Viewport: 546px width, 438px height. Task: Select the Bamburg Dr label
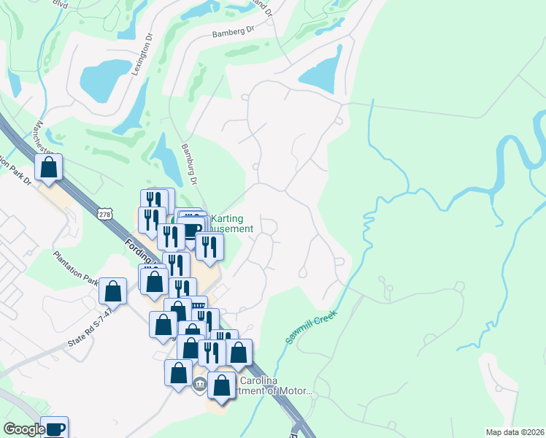190,164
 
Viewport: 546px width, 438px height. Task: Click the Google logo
24,429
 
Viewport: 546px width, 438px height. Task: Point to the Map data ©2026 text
515,432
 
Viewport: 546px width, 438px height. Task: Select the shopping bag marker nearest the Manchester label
48,167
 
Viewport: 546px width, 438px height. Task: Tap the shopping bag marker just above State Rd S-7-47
113,291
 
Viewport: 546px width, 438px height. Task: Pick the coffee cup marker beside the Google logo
54,428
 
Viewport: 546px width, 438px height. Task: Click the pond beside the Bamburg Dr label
167,161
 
